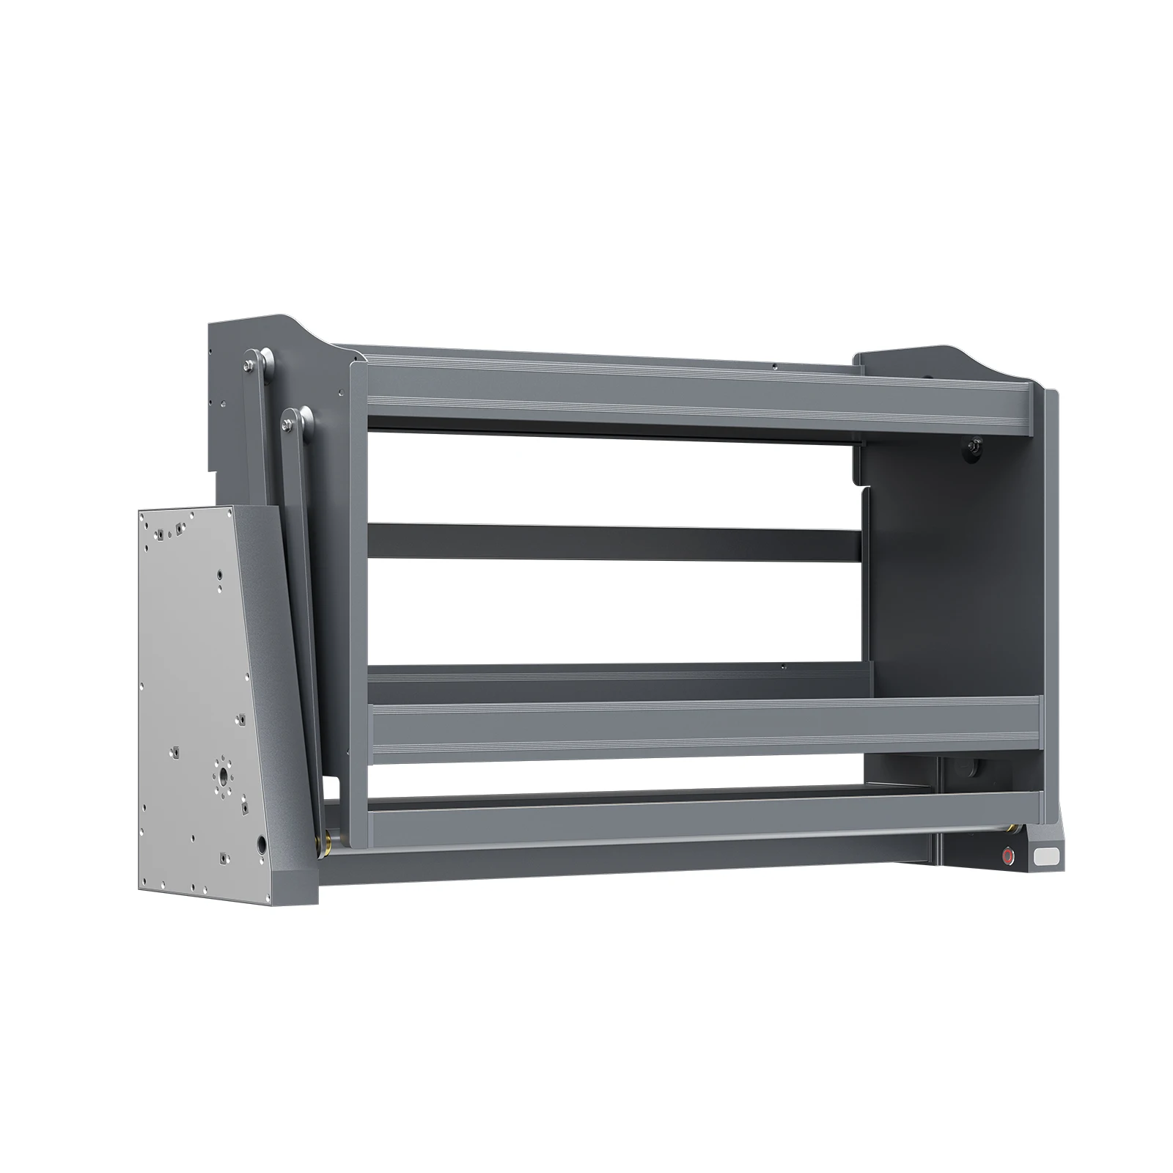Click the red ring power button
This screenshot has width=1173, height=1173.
pos(1009,855)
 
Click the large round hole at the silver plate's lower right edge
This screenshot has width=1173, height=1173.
pos(262,845)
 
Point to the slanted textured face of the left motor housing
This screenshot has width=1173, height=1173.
pos(264,660)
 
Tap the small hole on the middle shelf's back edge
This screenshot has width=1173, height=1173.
pos(783,666)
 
